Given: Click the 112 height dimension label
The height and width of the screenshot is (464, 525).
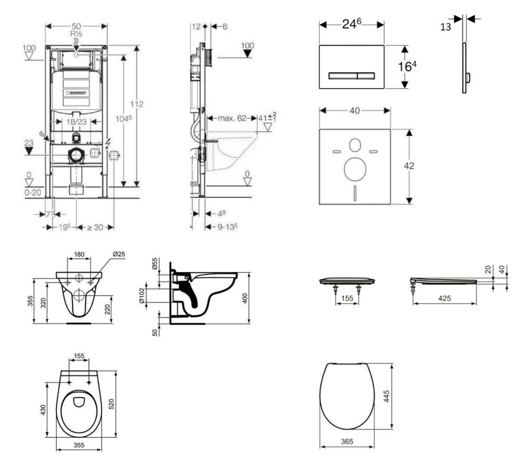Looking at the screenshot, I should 136,104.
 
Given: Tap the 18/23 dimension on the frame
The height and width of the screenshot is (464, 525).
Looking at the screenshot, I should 76,122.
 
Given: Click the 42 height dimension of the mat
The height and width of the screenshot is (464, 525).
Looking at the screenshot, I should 409,166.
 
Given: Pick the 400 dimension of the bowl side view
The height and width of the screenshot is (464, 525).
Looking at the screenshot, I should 245,298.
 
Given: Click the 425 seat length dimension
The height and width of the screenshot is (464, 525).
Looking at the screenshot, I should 445,299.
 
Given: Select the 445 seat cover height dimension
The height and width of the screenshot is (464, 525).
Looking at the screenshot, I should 388,396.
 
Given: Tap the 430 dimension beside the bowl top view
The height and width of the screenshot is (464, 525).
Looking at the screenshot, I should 44,410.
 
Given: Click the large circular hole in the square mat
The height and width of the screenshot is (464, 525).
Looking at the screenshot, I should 354,169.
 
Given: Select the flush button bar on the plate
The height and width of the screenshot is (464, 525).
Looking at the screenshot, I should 352,75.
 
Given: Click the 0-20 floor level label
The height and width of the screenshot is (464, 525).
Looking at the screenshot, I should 33,193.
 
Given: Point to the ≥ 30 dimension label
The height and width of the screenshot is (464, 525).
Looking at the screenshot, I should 94,227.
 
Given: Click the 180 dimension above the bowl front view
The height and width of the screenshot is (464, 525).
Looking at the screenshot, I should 79,255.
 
